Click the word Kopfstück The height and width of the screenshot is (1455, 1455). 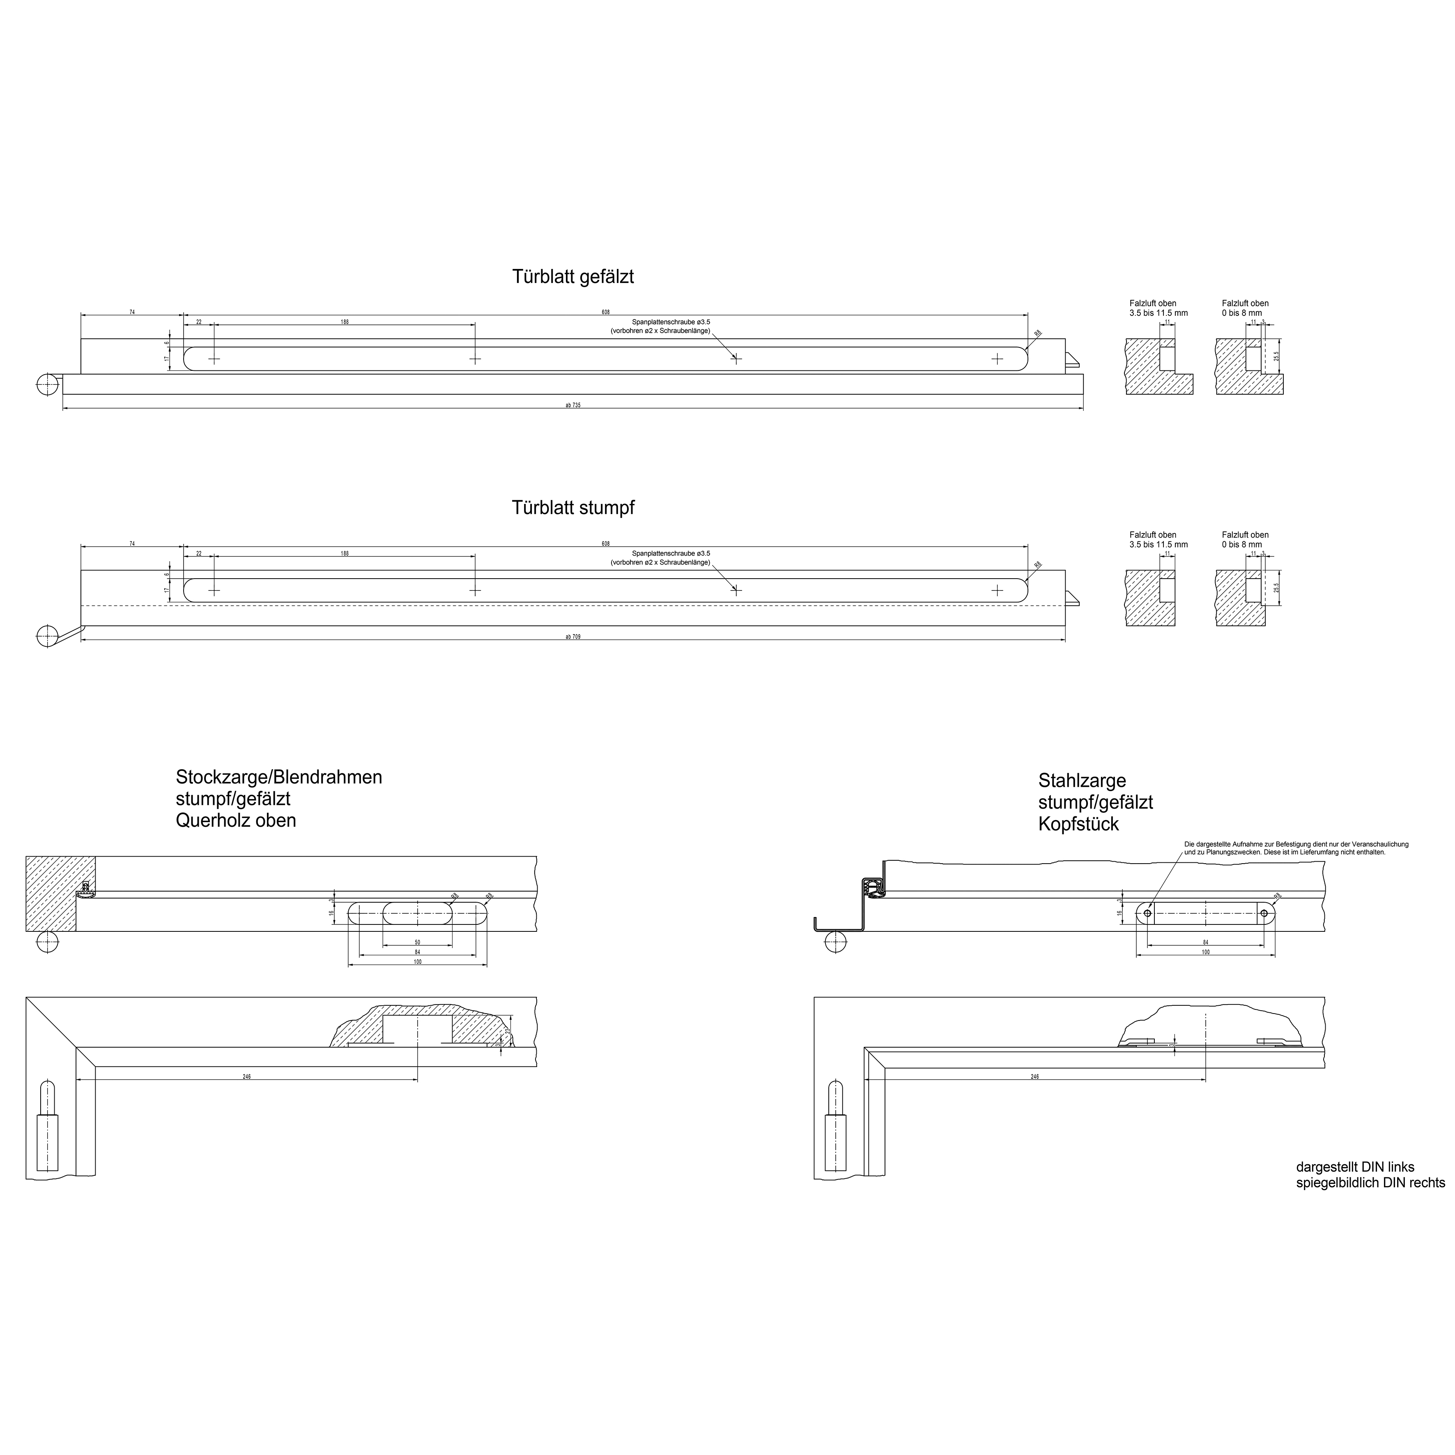point(1078,824)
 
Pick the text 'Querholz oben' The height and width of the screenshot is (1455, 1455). point(236,820)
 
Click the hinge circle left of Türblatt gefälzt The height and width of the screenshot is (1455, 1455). point(47,384)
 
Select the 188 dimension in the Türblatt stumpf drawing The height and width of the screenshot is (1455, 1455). point(344,553)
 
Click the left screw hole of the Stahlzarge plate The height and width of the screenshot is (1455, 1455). point(1147,913)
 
